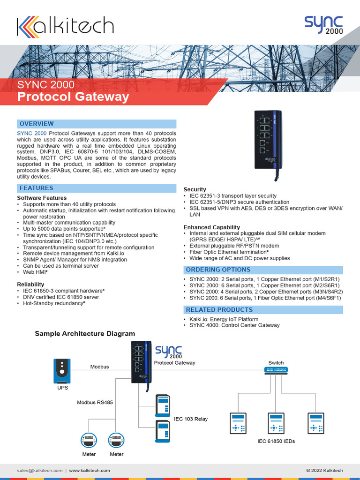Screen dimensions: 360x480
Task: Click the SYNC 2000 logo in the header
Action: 323,25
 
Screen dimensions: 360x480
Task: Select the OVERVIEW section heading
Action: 36,124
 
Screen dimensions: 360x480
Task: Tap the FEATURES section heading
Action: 36,188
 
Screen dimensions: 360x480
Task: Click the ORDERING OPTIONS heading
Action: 218,270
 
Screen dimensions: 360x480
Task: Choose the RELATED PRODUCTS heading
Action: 219,310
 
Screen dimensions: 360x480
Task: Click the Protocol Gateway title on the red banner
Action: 73,97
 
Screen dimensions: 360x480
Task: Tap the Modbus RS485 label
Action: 95,403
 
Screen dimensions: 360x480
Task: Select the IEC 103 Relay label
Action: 191,419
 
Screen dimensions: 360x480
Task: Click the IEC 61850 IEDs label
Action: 276,441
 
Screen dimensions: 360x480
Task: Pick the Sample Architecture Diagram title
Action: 85,334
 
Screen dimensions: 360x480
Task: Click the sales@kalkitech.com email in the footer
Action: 39,470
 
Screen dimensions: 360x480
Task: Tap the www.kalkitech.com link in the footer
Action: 90,470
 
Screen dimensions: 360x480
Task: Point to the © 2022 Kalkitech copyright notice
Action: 324,470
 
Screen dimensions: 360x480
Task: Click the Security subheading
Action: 195,189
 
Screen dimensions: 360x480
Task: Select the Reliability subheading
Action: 30,285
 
